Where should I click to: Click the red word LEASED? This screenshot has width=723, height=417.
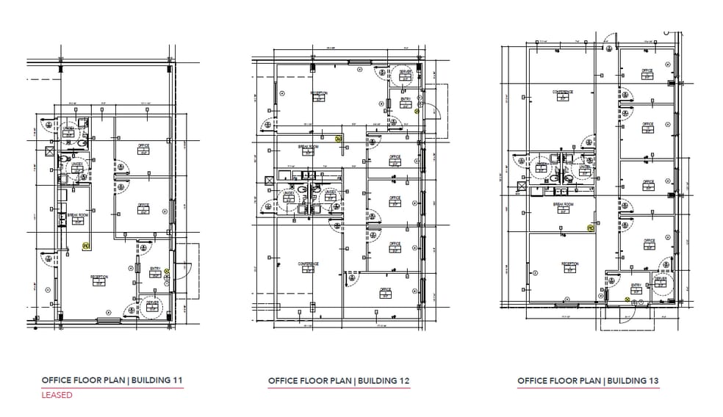pos(57,395)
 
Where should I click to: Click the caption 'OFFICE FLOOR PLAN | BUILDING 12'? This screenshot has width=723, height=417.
pos(339,381)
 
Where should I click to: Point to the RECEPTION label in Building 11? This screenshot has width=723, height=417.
pos(99,277)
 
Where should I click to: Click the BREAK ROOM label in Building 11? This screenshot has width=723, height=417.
pos(78,215)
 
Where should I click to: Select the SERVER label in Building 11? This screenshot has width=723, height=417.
pos(152,302)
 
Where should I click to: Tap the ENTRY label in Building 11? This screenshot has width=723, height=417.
pos(155,269)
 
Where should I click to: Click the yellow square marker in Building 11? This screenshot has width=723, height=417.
pos(85,246)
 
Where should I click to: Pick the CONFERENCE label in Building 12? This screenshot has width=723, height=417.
pos(308,264)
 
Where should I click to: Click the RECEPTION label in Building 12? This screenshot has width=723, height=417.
pos(318,93)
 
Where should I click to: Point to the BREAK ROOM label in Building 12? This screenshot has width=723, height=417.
pos(308,146)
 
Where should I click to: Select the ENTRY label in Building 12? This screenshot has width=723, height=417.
pos(406,98)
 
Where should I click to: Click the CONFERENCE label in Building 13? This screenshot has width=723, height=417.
pos(563,92)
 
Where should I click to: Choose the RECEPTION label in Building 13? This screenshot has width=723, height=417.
pos(570,264)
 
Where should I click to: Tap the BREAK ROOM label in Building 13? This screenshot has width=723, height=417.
pos(563,204)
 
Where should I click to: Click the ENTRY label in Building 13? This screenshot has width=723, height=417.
pos(636,285)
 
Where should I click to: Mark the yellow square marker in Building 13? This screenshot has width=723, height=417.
pos(590,228)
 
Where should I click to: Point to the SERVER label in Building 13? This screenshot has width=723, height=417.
pos(660,279)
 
